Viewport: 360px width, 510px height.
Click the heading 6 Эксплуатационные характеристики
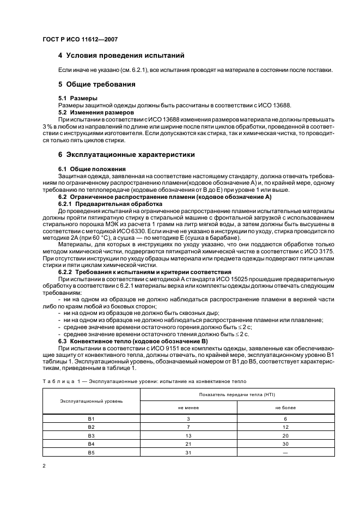(x=126, y=155)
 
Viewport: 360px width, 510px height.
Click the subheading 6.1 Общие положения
(x=92, y=169)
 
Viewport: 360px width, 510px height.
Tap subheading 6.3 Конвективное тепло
(x=117, y=341)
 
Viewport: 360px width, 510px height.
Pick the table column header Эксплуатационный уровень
(x=91, y=400)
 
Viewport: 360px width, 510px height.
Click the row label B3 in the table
(x=91, y=436)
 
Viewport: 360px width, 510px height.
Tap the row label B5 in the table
(x=91, y=452)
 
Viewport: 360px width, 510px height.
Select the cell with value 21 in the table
(x=188, y=444)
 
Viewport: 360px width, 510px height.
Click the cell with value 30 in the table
(x=285, y=444)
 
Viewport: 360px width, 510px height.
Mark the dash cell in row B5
(x=285, y=452)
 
